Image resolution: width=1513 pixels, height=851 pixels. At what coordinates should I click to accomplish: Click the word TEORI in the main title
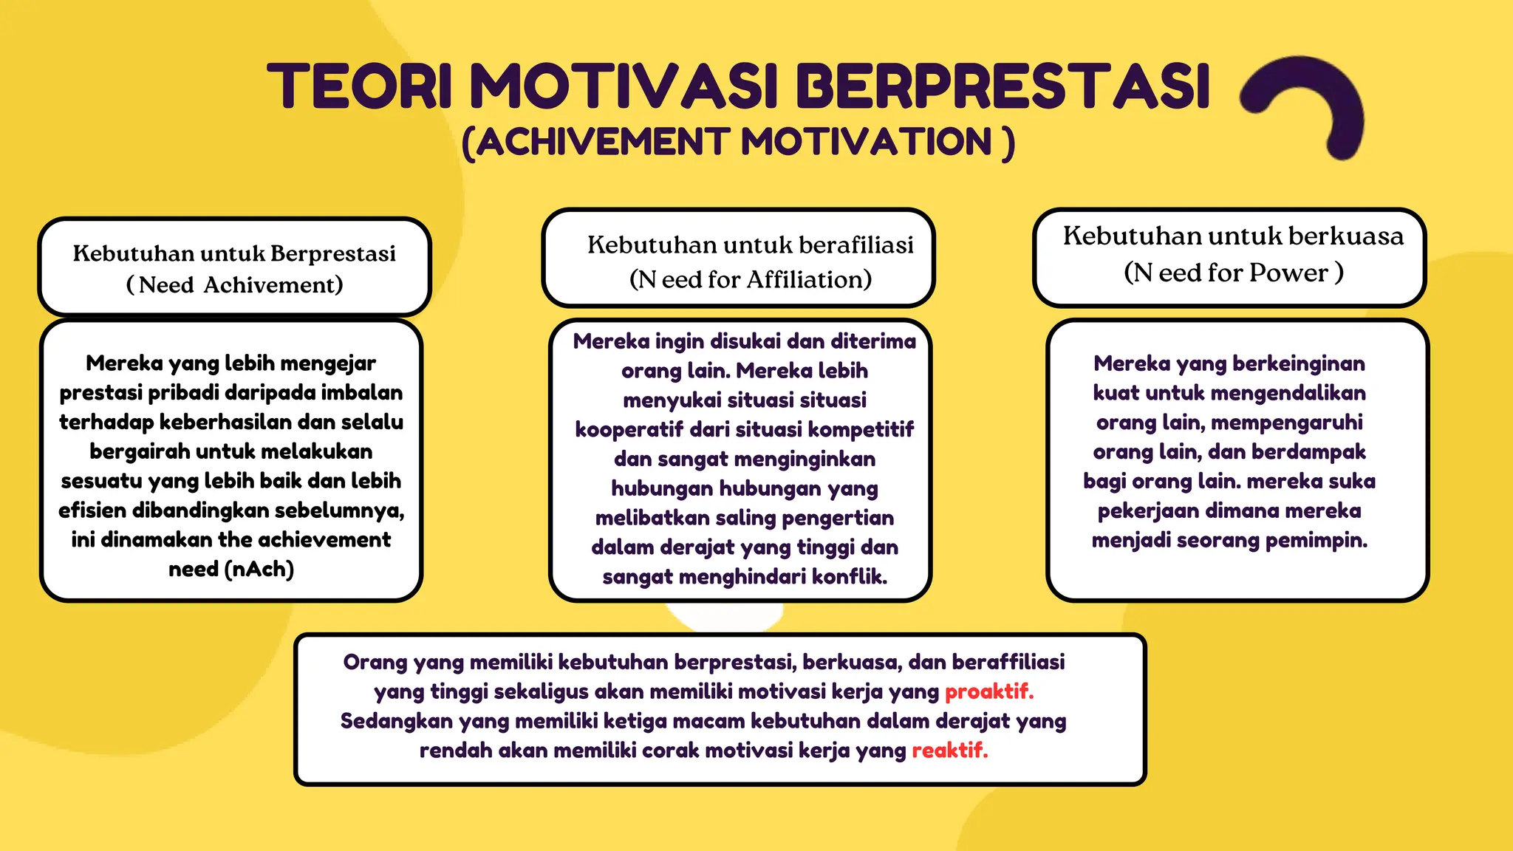(359, 86)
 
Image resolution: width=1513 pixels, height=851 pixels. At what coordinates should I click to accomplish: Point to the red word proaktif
(988, 691)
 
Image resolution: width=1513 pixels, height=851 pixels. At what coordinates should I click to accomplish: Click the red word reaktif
(949, 751)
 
